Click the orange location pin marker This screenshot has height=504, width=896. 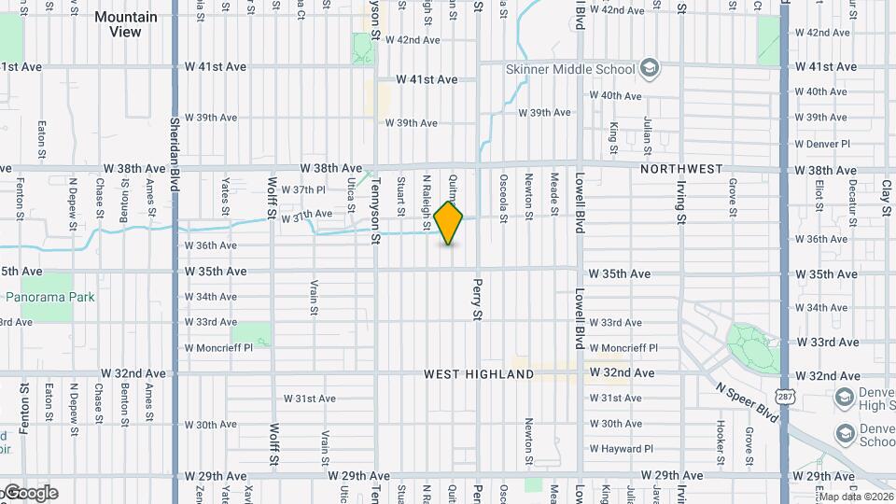tap(449, 222)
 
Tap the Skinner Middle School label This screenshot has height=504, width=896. tap(570, 69)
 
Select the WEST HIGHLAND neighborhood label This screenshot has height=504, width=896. tap(479, 374)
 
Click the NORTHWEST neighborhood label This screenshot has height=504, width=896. tap(681, 169)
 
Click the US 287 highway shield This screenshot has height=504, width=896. tap(785, 397)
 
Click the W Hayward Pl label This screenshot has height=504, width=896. tap(622, 448)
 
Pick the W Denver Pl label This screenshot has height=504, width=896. tap(822, 144)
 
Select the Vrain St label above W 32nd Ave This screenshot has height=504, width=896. tap(314, 296)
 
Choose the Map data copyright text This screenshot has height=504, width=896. tap(855, 497)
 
